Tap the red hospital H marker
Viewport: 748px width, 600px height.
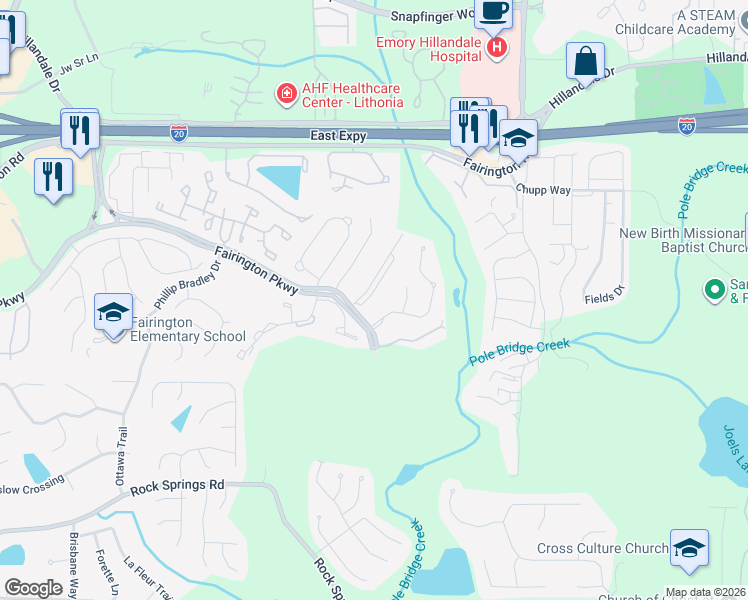(495, 46)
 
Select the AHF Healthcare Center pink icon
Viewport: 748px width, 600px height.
(286, 94)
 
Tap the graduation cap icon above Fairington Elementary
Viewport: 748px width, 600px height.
(113, 312)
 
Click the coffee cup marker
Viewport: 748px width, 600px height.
(492, 13)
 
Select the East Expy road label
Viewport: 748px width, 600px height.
(337, 135)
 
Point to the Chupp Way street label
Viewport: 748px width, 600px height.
(542, 188)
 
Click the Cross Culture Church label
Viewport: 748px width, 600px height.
(602, 548)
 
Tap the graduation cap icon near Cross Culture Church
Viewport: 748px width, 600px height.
(688, 548)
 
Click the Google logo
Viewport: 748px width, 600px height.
(33, 588)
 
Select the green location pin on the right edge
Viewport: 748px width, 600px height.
(714, 290)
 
